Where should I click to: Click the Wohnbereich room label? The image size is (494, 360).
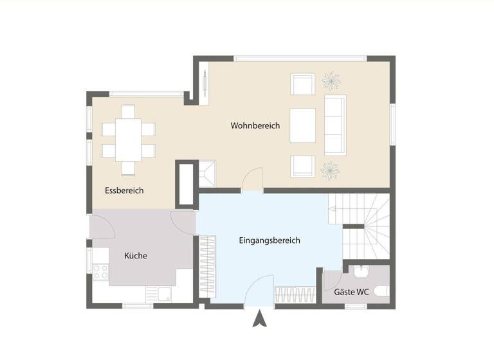[255, 126]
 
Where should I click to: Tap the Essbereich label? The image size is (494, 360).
[124, 190]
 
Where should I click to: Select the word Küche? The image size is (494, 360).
[136, 256]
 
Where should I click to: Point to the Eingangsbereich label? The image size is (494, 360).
[270, 240]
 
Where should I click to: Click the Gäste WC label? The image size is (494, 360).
[352, 292]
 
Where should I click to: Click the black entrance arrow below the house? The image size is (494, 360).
[259, 318]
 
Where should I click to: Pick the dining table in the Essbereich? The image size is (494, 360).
[129, 139]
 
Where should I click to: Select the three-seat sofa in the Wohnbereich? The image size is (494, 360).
[334, 125]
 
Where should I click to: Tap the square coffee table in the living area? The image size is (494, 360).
[303, 125]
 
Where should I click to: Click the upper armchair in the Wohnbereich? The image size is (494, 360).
[302, 84]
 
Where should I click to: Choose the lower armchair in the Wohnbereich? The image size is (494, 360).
[302, 166]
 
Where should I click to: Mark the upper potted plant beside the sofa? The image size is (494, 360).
[331, 81]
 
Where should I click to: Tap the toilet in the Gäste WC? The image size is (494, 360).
[381, 292]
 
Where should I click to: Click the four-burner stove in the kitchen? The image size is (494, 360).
[101, 272]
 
